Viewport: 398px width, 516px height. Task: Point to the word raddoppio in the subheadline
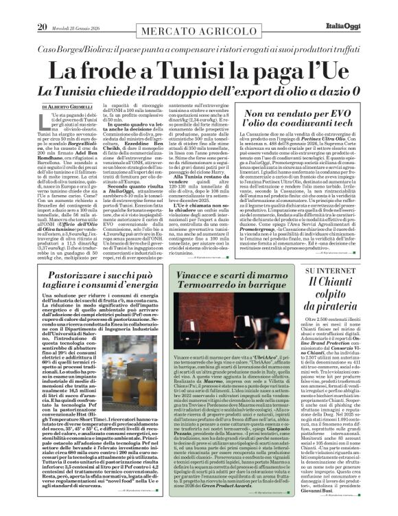click(195, 91)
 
